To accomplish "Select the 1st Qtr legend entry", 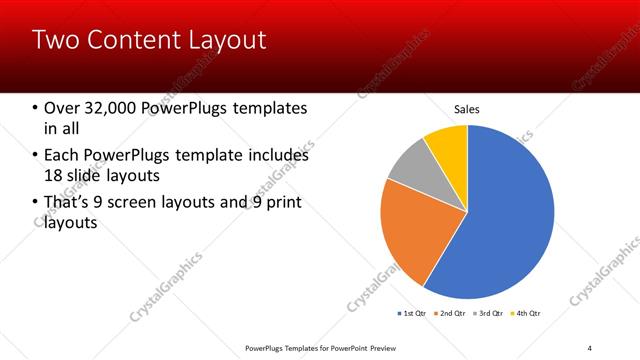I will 412,313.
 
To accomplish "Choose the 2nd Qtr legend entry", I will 450,313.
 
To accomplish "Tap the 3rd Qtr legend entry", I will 488,313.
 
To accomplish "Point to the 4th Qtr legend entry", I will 526,313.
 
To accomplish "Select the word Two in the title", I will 52,40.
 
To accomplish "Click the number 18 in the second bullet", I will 53,176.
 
